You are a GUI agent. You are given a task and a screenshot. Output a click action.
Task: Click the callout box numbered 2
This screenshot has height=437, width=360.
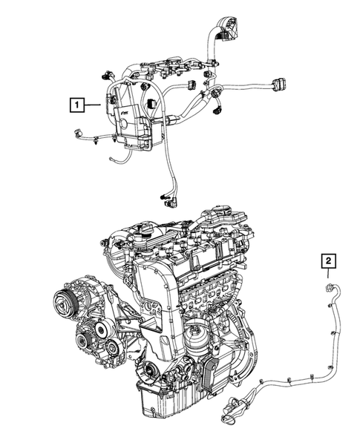tap(327, 260)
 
